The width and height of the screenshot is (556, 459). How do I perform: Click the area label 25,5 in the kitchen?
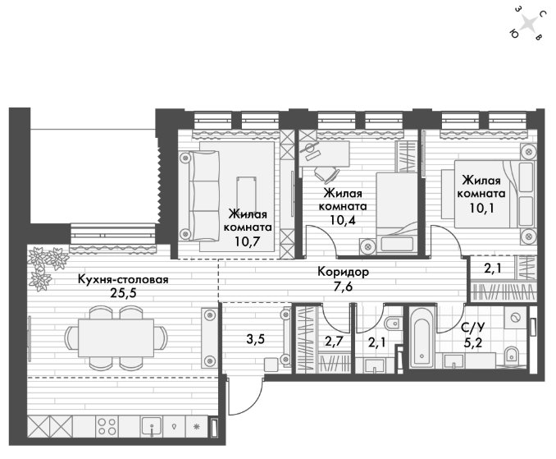[x=123, y=294]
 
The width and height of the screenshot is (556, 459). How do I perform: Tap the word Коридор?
[x=343, y=272]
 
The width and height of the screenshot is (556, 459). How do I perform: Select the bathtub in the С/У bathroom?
[x=422, y=338]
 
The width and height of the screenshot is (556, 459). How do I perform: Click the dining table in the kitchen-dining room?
[x=116, y=337]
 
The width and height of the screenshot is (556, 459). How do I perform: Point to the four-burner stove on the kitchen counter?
[x=107, y=426]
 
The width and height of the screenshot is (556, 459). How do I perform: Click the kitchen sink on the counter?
[x=152, y=427]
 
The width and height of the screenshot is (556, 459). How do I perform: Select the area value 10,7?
[x=247, y=241]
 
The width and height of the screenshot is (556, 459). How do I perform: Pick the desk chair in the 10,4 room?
[x=326, y=174]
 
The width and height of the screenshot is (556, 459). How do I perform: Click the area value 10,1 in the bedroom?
[x=481, y=208]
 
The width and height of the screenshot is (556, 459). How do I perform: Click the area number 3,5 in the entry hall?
[x=255, y=339]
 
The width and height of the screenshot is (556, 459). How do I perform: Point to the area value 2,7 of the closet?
[x=334, y=342]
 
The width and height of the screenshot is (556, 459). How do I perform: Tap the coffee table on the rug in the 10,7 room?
[x=246, y=194]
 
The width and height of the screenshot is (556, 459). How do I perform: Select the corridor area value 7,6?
[x=343, y=287]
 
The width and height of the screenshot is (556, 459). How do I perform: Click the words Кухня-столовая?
[x=123, y=279]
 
